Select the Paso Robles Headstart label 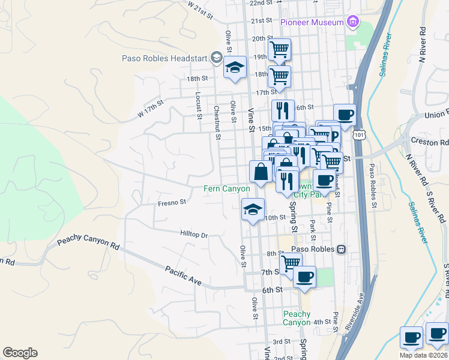[163, 58]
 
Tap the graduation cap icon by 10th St [253, 209]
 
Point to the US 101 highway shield [358, 136]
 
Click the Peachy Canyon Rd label [88, 243]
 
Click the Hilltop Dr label [193, 235]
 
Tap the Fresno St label [172, 203]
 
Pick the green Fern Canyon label [227, 188]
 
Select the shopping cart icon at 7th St [291, 262]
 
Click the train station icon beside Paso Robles [341, 249]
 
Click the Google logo [20, 353]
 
